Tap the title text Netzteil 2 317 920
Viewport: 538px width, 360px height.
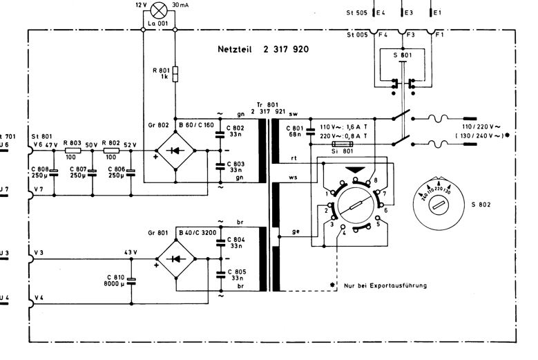point(262,50)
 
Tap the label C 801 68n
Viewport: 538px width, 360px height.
point(292,133)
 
